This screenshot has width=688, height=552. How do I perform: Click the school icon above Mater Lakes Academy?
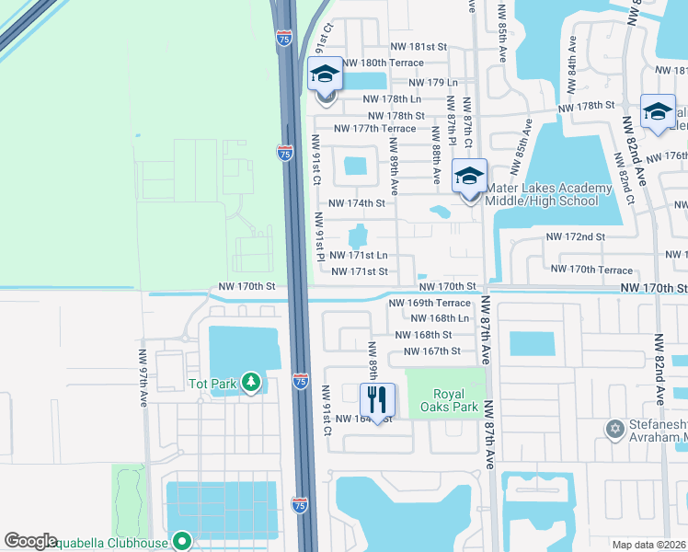pyautogui.click(x=469, y=176)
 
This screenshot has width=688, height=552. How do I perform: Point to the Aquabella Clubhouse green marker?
pyautogui.click(x=181, y=543)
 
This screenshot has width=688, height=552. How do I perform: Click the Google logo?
pyautogui.click(x=30, y=541)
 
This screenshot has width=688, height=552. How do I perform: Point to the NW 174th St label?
pyautogui.click(x=356, y=202)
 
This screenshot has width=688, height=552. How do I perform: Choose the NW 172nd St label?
pyautogui.click(x=575, y=236)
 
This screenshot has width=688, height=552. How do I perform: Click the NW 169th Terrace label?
pyautogui.click(x=429, y=303)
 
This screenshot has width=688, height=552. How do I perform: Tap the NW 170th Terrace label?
pyautogui.click(x=591, y=270)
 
